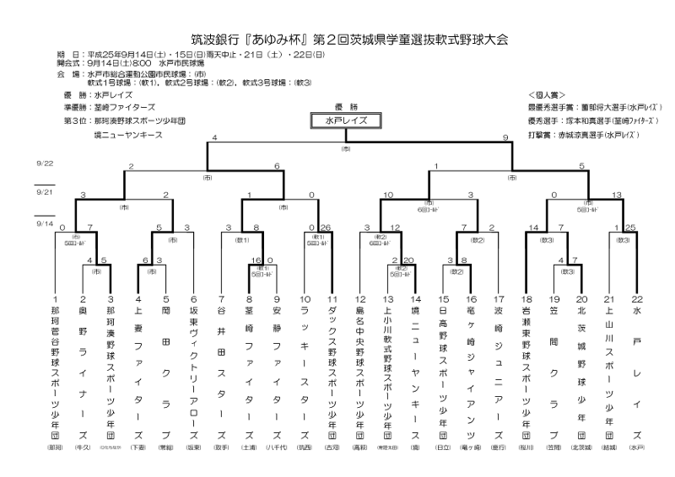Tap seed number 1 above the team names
[x=56, y=299]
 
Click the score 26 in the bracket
[x=326, y=228]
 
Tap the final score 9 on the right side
[x=505, y=137]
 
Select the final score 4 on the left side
[x=216, y=137]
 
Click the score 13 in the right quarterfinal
[x=616, y=195]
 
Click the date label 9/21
[x=43, y=192]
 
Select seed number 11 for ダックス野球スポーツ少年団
[x=332, y=299]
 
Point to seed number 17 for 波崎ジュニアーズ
[x=498, y=299]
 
